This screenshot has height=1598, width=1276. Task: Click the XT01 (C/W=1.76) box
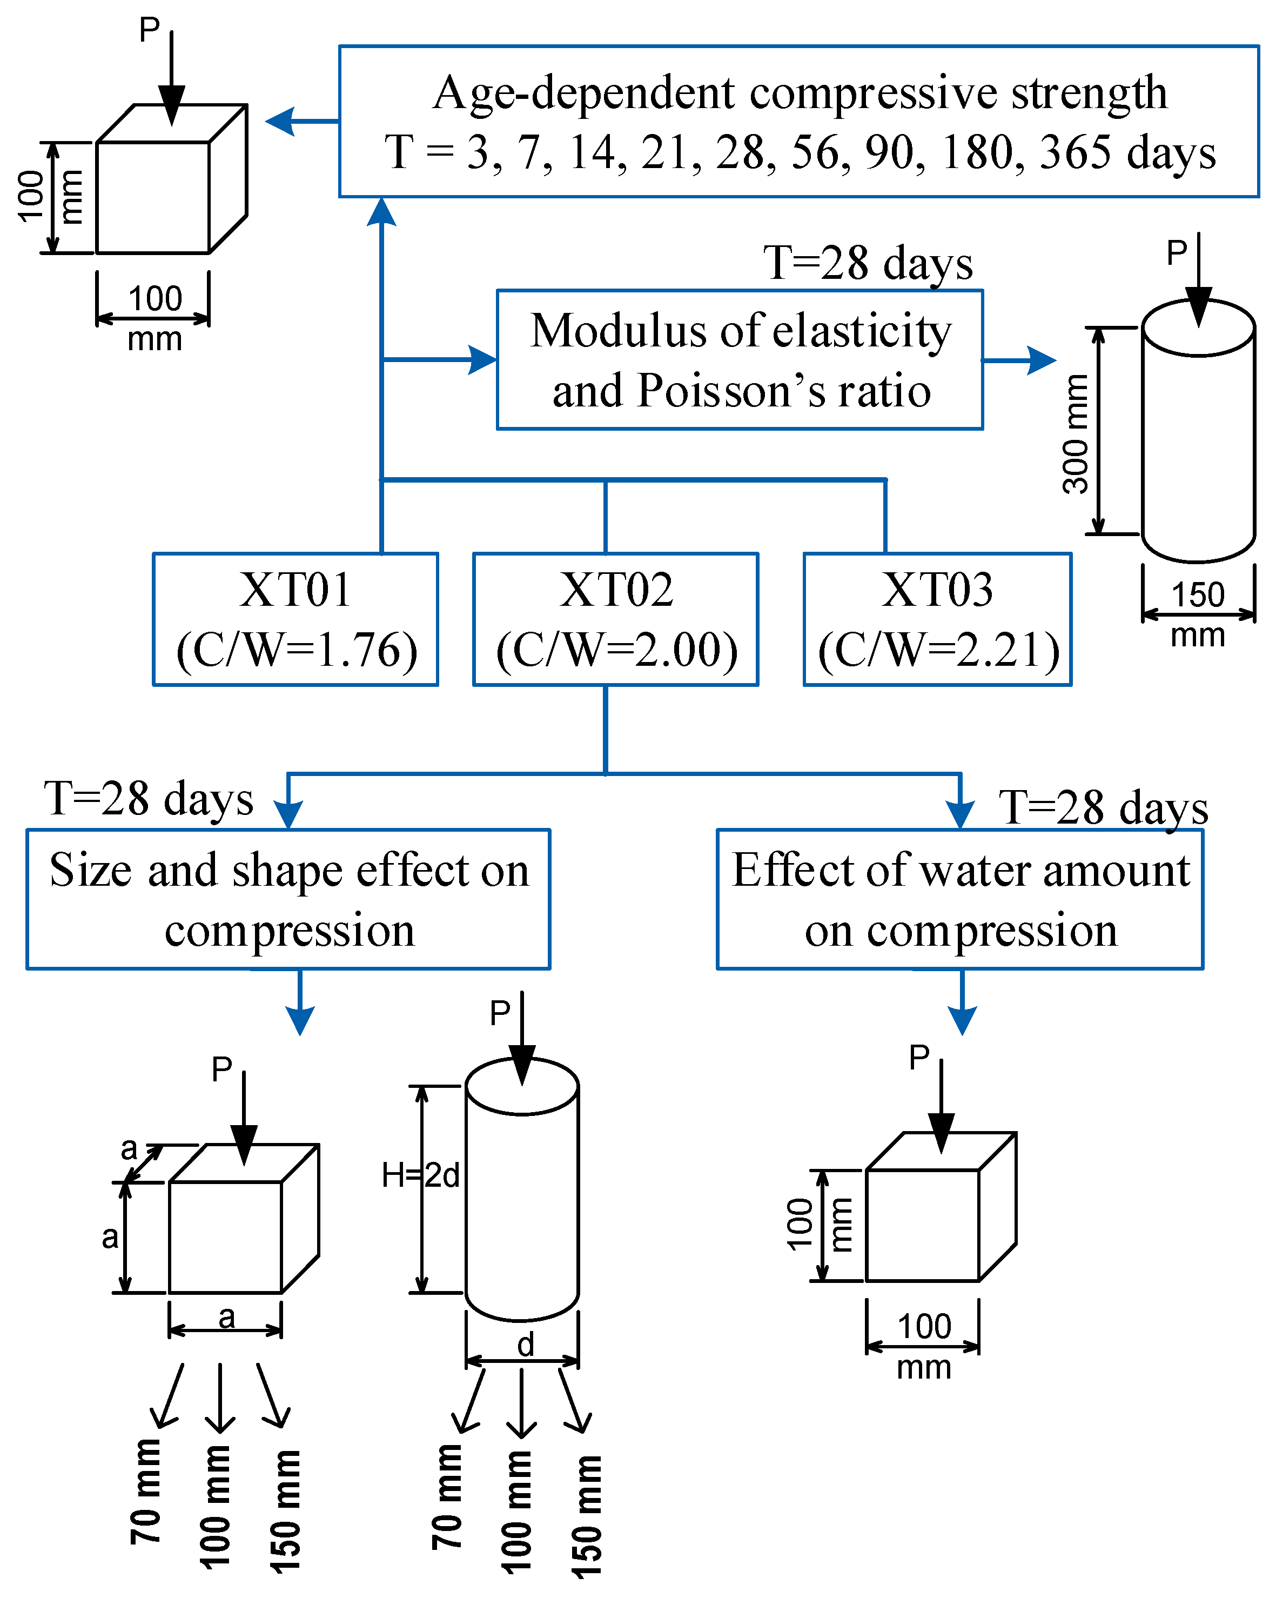(x=295, y=619)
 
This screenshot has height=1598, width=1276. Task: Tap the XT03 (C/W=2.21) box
(x=937, y=619)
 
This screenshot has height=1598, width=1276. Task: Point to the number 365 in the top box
(x=1074, y=153)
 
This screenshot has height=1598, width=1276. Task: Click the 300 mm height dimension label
(x=1076, y=433)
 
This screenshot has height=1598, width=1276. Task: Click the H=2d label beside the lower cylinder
(x=420, y=1175)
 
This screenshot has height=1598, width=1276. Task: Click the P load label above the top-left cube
(x=149, y=30)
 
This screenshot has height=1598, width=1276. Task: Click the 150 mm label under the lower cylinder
(x=587, y=1516)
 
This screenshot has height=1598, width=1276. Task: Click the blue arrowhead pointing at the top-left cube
(x=280, y=121)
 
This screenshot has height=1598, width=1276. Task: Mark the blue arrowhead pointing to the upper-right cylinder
(x=1041, y=360)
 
